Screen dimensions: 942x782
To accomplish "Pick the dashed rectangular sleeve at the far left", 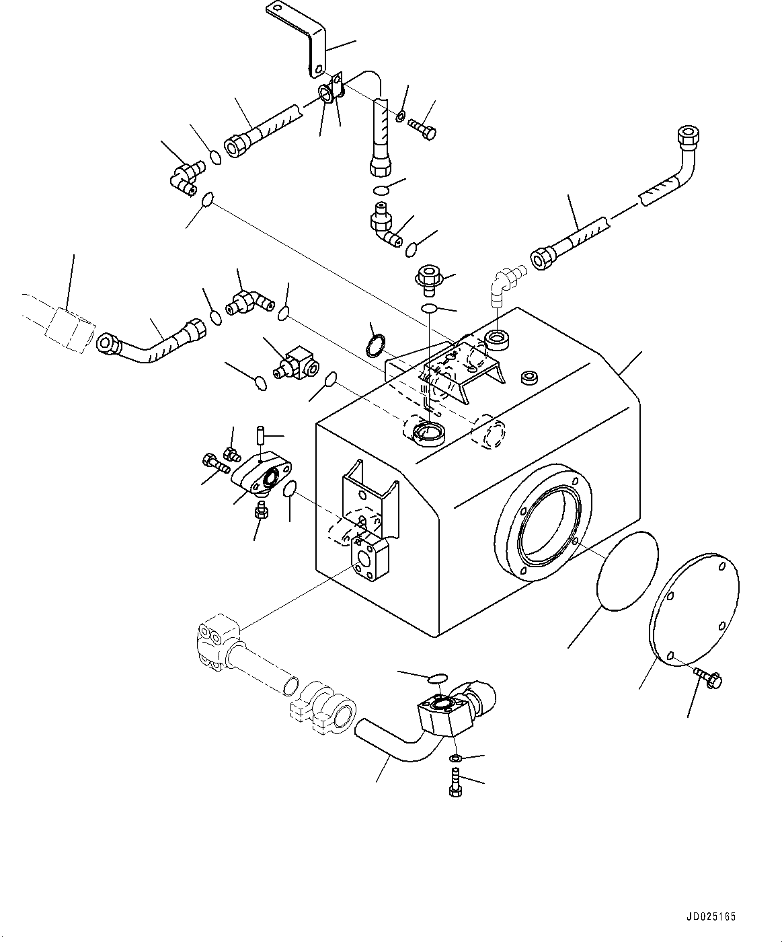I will tap(67, 329).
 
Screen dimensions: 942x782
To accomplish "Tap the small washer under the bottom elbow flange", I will tap(456, 759).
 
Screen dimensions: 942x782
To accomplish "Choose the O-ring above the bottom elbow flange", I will tap(436, 676).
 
